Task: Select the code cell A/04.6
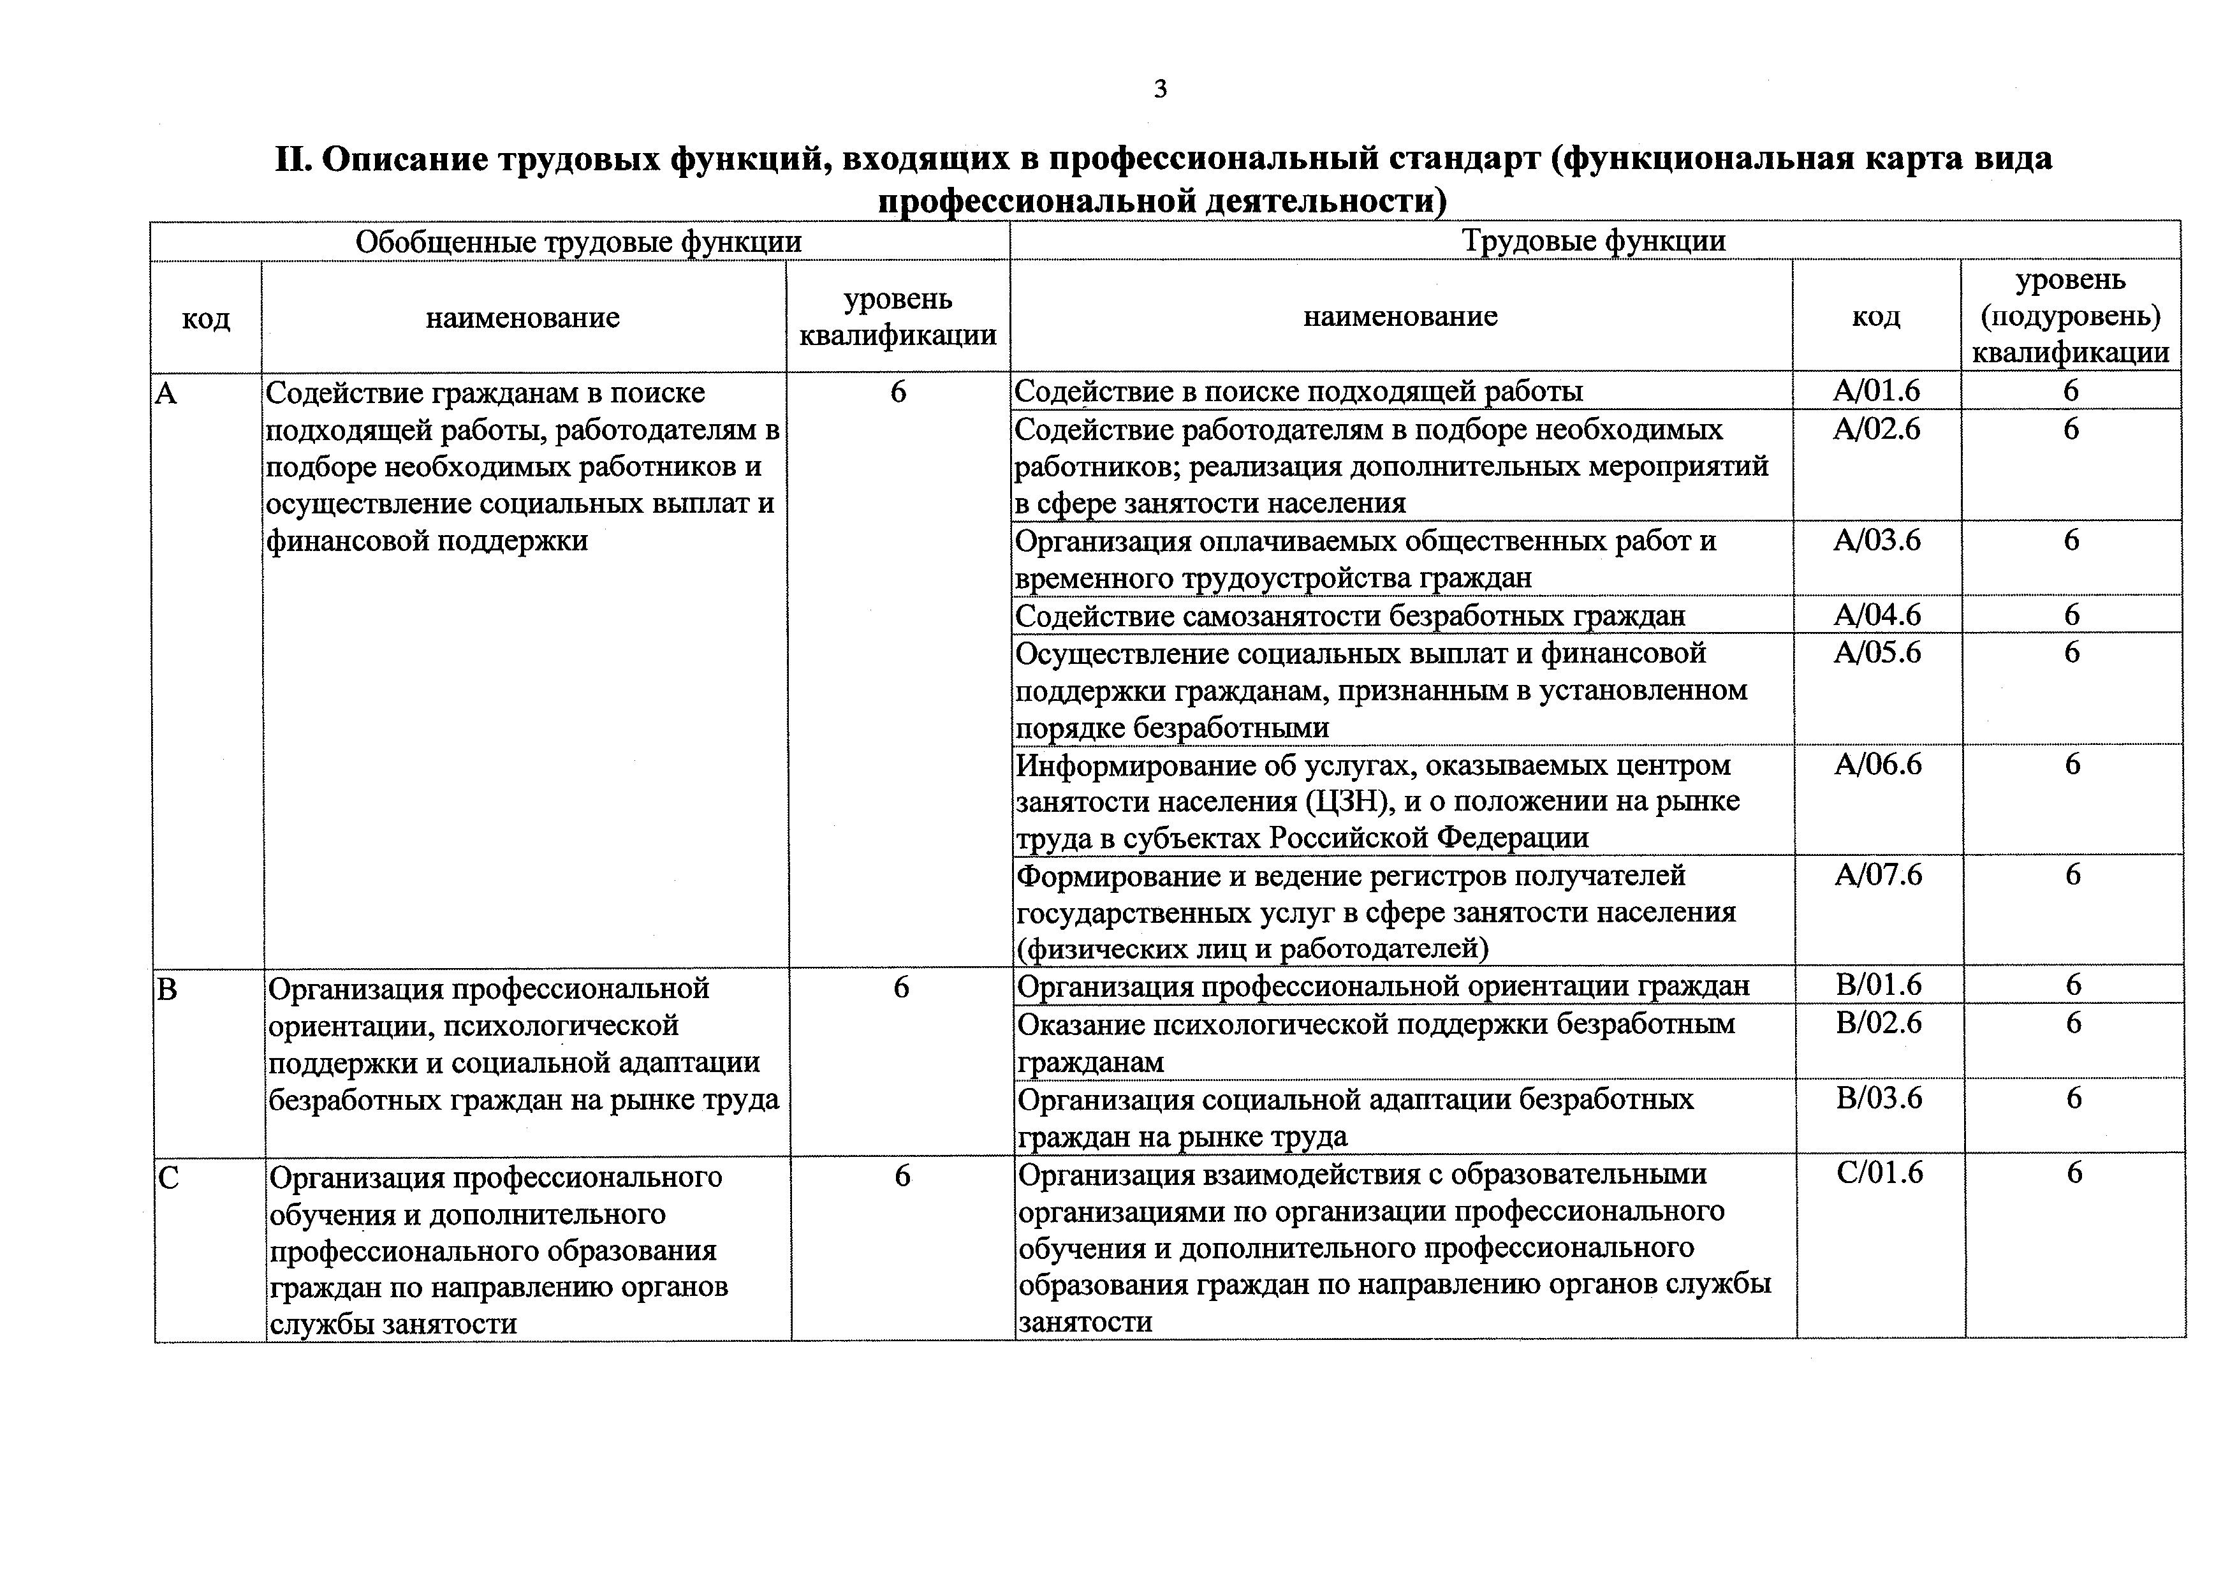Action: (1877, 615)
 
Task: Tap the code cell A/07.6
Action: (1877, 875)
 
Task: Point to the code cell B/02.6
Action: (1879, 1023)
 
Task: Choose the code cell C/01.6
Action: (1879, 1173)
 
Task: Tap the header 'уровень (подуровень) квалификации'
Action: (2071, 316)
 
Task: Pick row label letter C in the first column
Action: (168, 1179)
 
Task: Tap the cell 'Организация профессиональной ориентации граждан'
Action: (1383, 987)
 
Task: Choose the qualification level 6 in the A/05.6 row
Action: (2071, 652)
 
